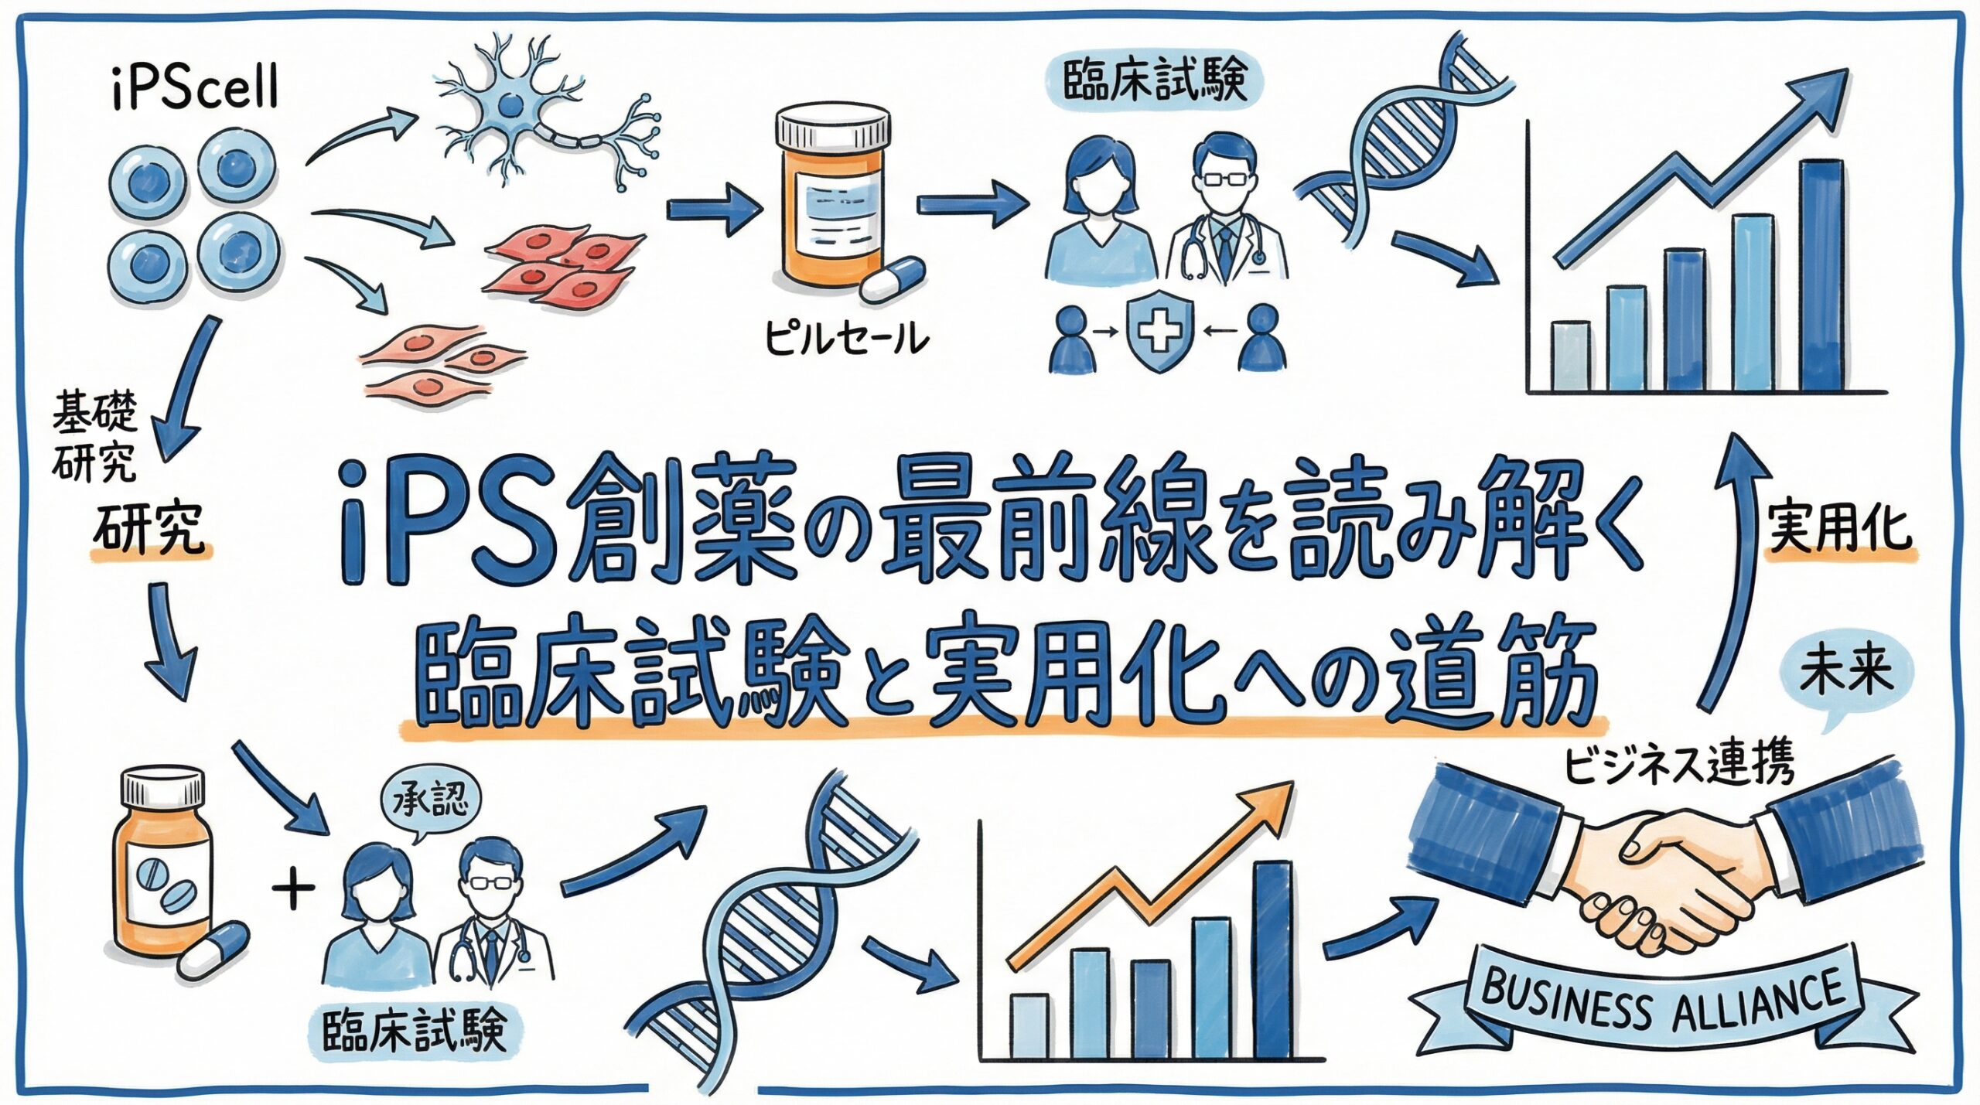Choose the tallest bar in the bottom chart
1272,959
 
